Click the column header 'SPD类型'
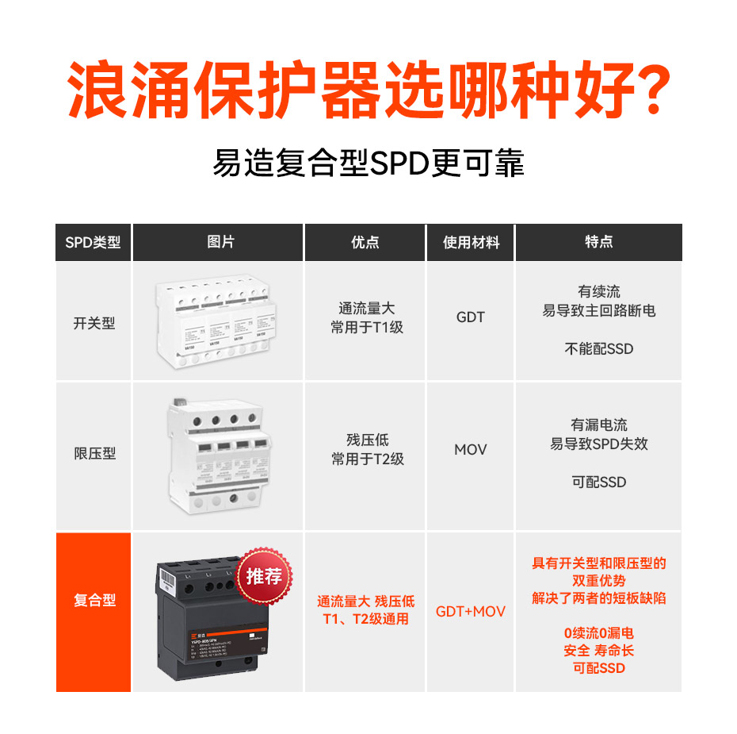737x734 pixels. (94, 243)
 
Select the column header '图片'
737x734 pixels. (218, 243)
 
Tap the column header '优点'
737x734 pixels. (365, 243)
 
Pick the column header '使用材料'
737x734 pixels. (471, 243)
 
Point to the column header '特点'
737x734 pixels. (598, 243)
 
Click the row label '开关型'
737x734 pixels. (94, 324)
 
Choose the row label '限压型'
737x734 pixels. (94, 454)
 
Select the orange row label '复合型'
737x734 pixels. (94, 601)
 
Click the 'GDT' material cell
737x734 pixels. (470, 317)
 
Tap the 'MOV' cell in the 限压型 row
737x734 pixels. (470, 450)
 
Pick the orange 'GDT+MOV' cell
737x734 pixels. (470, 612)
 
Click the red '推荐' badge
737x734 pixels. (264, 576)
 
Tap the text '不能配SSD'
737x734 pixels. (598, 348)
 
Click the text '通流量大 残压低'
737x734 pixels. (365, 601)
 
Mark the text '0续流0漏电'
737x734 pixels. (598, 633)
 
